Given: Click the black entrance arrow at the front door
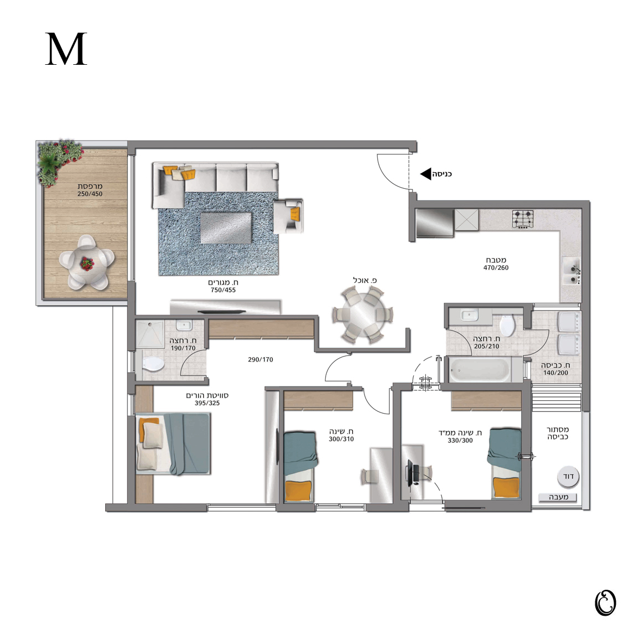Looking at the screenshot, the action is (425, 174).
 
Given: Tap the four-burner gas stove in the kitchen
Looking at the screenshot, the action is (523, 219).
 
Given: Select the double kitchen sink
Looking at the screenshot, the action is (571, 271).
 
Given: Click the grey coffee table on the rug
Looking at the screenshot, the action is (226, 228).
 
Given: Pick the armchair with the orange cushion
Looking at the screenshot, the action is (288, 216).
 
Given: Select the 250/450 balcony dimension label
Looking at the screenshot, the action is (90, 194).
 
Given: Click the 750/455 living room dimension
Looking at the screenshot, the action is (223, 290).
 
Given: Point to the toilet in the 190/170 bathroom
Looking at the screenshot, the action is (152, 364).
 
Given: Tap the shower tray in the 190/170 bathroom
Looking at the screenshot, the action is (150, 334).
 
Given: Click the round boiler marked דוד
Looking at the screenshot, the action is (568, 477).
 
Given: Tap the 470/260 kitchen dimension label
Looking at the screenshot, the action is (496, 267).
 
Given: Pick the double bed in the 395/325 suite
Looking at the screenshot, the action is (173, 444).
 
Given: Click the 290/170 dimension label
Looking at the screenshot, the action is (260, 359).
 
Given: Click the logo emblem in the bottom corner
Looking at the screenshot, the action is (605, 602).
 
